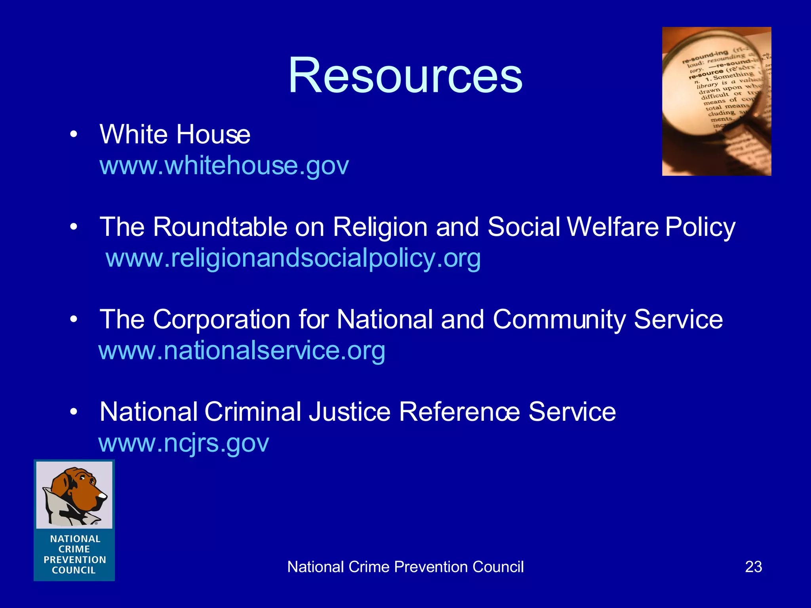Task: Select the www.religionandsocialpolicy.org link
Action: (293, 258)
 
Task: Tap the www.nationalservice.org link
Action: (242, 351)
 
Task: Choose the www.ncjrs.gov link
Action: (184, 443)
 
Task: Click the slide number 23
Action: (753, 567)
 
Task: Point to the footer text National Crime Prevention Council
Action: (405, 567)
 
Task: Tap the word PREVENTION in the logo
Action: (75, 560)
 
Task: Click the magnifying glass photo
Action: (716, 101)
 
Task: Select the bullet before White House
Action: (73, 135)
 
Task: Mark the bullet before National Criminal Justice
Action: (73, 412)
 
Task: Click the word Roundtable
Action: (220, 227)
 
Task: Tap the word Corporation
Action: (222, 319)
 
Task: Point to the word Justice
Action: (350, 412)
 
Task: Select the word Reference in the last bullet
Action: (459, 412)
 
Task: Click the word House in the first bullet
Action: (213, 135)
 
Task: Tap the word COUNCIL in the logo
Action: (74, 570)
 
